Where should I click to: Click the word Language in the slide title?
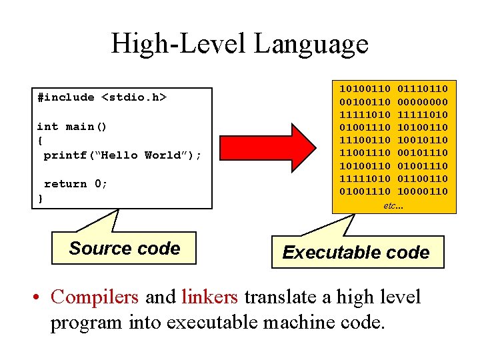[x=311, y=44]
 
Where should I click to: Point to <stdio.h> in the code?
[x=133, y=97]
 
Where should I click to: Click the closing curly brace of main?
[x=41, y=198]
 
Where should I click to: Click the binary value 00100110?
[x=365, y=101]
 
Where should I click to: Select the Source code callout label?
[x=125, y=249]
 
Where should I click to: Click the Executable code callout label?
[x=356, y=253]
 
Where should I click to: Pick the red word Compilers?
[x=95, y=297]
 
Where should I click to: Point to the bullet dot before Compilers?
[x=39, y=297]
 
